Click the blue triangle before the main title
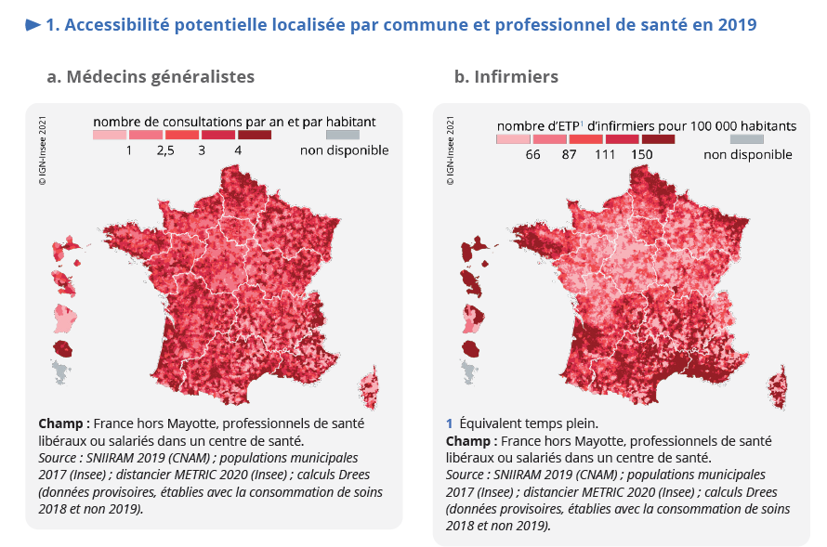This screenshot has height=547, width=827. [x=33, y=25]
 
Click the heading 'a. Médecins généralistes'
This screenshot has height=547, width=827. [x=151, y=76]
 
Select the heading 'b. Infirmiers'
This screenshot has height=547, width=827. [x=506, y=76]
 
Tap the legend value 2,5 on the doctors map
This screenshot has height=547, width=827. [x=165, y=150]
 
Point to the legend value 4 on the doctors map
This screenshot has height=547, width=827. [x=239, y=150]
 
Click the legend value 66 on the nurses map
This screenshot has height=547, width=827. [x=532, y=155]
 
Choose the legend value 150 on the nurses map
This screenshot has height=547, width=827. [x=641, y=155]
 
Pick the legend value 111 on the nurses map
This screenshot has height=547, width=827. [x=605, y=155]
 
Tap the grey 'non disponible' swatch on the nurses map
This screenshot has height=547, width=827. [x=747, y=139]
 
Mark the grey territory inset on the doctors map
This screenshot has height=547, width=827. [x=60, y=373]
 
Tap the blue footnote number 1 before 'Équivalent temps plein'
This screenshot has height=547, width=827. [x=450, y=423]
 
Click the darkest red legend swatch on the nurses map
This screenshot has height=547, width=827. [x=657, y=139]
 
